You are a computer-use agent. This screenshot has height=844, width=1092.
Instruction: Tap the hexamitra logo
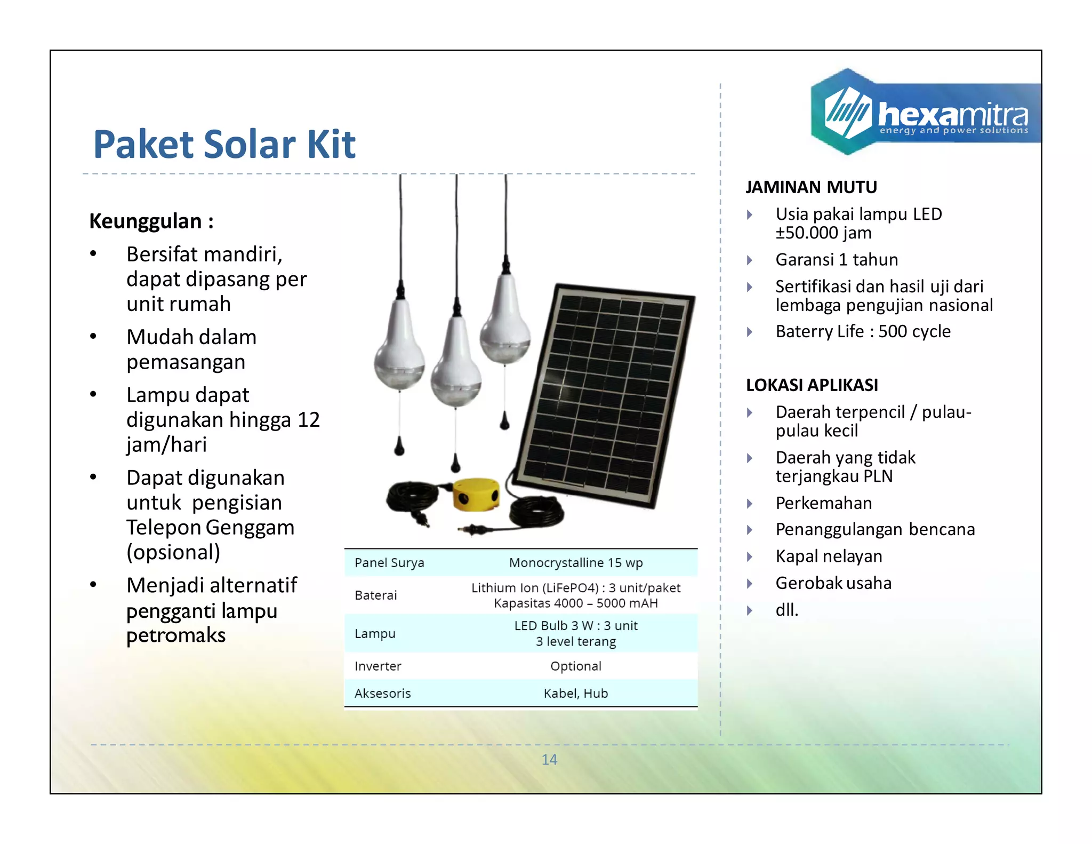point(925,113)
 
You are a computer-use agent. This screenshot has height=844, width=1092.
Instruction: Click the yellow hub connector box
point(476,493)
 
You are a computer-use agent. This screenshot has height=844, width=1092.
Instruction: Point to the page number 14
point(549,760)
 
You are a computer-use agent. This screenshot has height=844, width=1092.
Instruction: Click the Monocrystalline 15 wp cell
point(576,563)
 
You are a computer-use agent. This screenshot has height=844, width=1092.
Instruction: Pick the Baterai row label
point(376,595)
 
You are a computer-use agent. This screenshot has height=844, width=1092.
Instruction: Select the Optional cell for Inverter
point(576,666)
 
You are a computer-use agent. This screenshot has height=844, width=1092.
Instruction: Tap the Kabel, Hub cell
point(576,694)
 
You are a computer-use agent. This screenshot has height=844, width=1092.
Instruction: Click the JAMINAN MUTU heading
point(811,187)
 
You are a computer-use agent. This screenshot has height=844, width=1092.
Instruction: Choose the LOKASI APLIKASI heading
point(812,385)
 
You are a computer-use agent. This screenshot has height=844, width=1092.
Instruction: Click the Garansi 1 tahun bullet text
point(837,260)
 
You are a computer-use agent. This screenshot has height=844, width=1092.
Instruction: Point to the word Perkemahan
point(824,503)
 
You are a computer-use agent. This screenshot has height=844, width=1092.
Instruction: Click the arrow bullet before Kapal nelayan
point(750,557)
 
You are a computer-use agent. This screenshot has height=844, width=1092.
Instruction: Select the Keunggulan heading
point(151,221)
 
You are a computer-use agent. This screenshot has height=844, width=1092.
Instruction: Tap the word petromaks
point(176,635)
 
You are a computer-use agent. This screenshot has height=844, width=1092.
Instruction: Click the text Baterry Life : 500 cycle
point(863,332)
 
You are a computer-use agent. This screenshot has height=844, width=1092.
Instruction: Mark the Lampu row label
point(375,634)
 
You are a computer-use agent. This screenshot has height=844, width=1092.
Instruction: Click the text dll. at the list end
point(787,610)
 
